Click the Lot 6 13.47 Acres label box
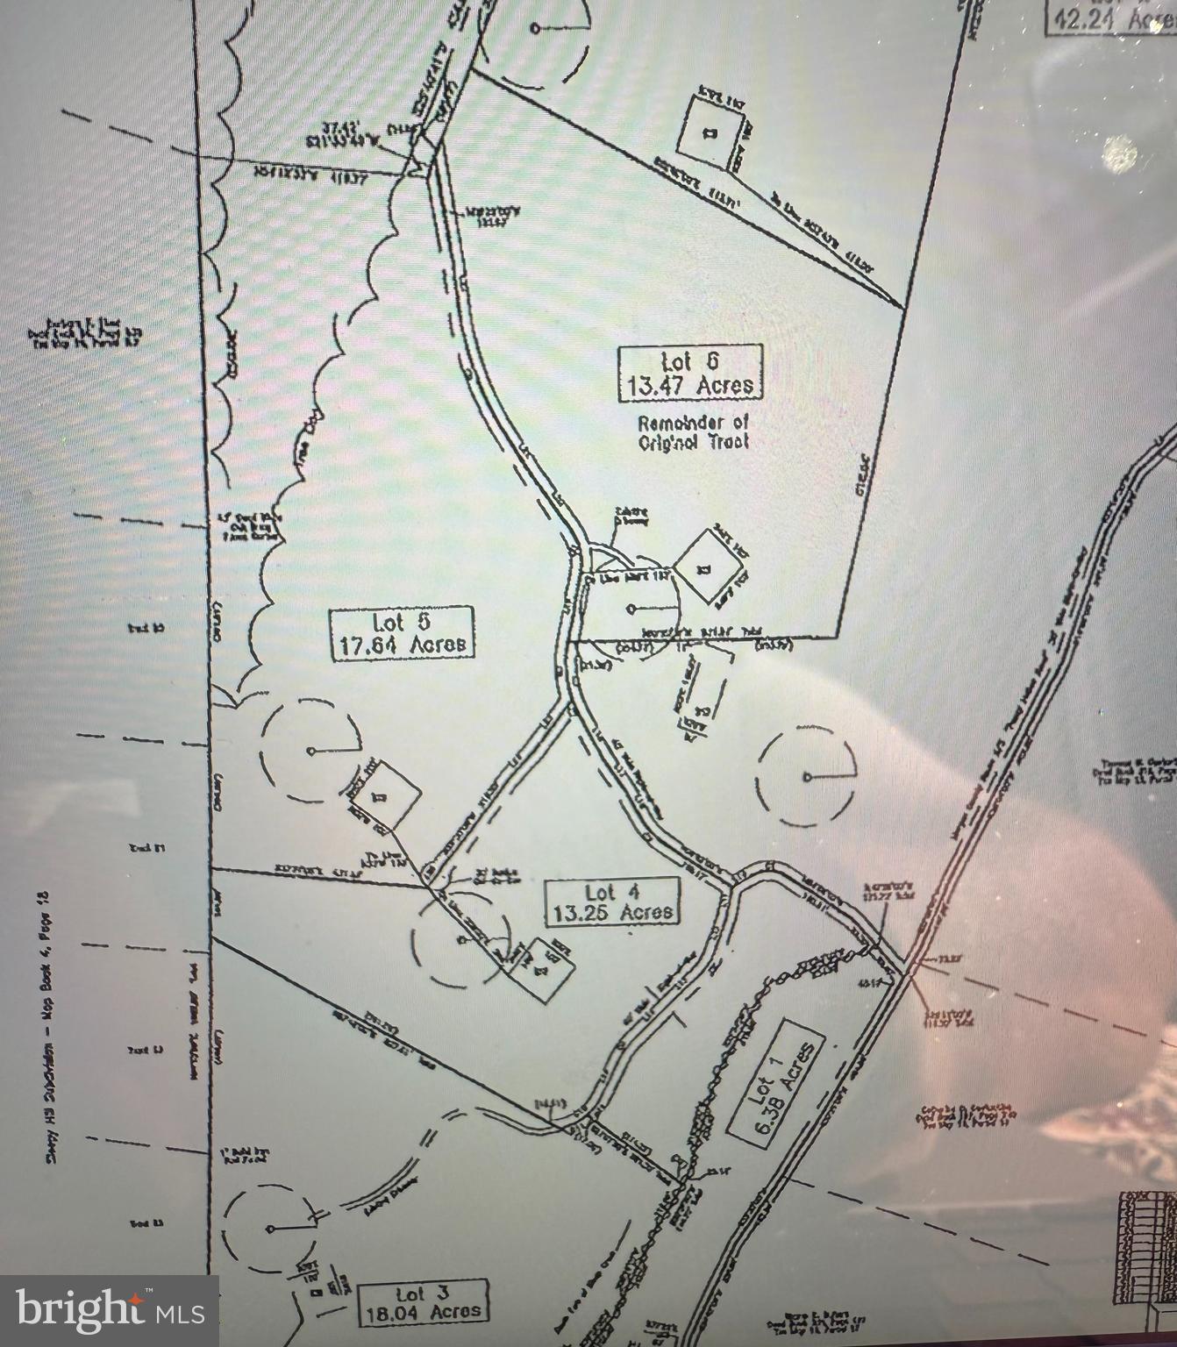[x=690, y=373]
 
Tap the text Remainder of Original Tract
[x=694, y=431]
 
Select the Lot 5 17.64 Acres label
[x=402, y=632]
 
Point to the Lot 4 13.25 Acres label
[x=612, y=902]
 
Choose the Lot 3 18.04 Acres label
[x=423, y=1301]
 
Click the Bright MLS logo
[x=109, y=1310]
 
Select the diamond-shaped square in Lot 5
[x=383, y=795]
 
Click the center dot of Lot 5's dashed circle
[x=311, y=751]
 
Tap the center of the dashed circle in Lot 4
[x=460, y=939]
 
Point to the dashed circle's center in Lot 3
[x=269, y=1227]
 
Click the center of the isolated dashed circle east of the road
[x=807, y=777]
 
